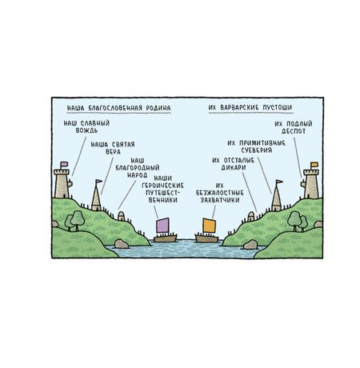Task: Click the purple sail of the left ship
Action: [x=162, y=225]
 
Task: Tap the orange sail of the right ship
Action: [x=209, y=226]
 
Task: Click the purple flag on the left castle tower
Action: [x=64, y=164]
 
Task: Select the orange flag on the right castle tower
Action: [x=314, y=165]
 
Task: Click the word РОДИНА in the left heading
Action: [x=158, y=108]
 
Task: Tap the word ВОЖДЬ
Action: [x=86, y=130]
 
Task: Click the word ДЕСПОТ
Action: [x=294, y=131]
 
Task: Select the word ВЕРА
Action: [x=113, y=152]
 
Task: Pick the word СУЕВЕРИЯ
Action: [x=257, y=150]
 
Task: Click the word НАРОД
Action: [x=137, y=175]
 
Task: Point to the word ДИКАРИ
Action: [x=234, y=168]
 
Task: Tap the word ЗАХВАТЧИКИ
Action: [x=220, y=200]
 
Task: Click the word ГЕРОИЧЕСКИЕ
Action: [x=162, y=186]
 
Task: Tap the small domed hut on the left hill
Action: [x=121, y=216]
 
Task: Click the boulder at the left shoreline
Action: [x=121, y=244]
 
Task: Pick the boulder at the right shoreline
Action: [x=250, y=245]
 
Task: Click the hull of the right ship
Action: [x=207, y=238]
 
